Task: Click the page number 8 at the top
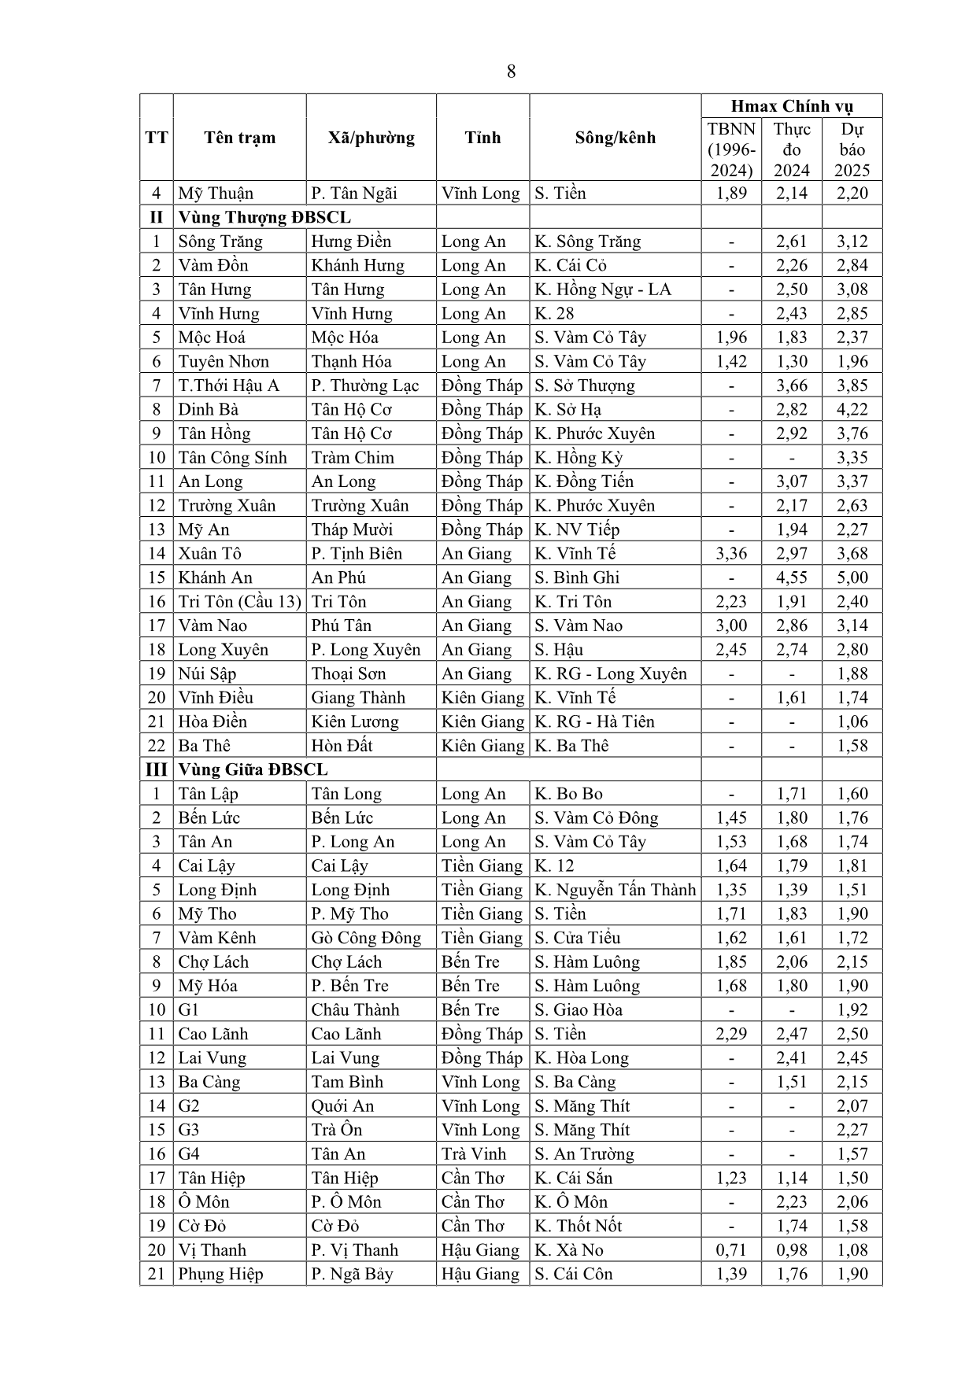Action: [x=511, y=72]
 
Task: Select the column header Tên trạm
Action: [x=239, y=138]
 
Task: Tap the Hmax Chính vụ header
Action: [x=791, y=106]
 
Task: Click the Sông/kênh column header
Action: [x=615, y=138]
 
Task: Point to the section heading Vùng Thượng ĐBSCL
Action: [x=264, y=217]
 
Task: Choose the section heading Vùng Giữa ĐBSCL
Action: [x=253, y=769]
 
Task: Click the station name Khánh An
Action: [x=215, y=577]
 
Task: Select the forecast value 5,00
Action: [x=852, y=577]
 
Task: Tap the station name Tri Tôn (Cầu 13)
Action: [x=239, y=602]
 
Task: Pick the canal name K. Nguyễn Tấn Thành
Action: [x=615, y=890]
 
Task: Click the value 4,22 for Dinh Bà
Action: [x=852, y=409]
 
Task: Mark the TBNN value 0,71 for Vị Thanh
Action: [x=731, y=1250]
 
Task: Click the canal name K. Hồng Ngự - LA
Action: [x=603, y=290]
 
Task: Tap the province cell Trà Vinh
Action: [x=474, y=1154]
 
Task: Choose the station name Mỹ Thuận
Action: [x=216, y=194]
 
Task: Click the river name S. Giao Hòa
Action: [x=579, y=1010]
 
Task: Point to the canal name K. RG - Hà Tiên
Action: [x=594, y=721]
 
